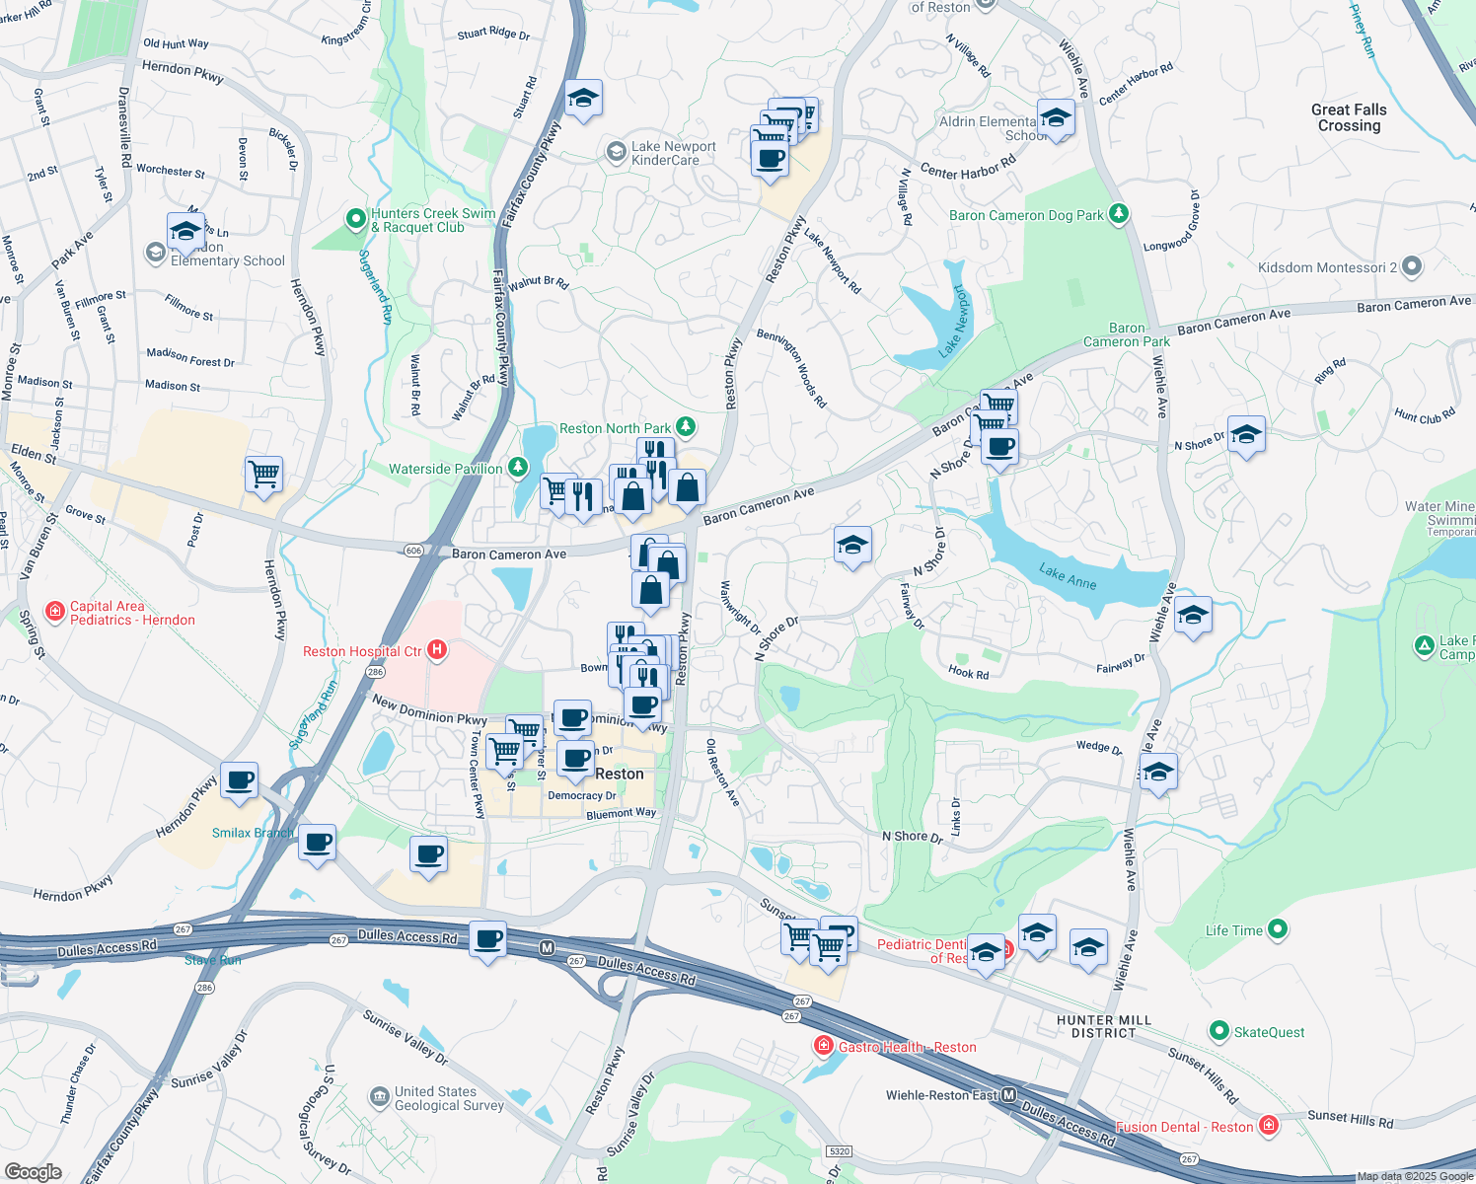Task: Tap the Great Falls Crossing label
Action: coord(1349,117)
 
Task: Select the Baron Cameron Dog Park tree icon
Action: coord(1118,214)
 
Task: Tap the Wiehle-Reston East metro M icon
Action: coord(1008,1095)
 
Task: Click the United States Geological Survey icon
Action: coord(379,1097)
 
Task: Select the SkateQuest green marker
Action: coord(1218,1031)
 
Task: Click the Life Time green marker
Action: coord(1278,928)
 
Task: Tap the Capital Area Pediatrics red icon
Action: coord(55,613)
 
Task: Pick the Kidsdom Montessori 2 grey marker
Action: coord(1412,266)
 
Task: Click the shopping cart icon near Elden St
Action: coord(263,475)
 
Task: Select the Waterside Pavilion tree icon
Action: coord(517,469)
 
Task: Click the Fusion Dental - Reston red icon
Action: coord(1269,1126)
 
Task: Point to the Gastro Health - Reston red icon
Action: coord(823,1046)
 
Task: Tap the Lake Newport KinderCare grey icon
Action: coord(616,152)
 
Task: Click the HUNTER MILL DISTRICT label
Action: coord(1103,1026)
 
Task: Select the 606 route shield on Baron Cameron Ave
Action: coord(413,551)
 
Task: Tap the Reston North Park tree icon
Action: coord(685,427)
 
